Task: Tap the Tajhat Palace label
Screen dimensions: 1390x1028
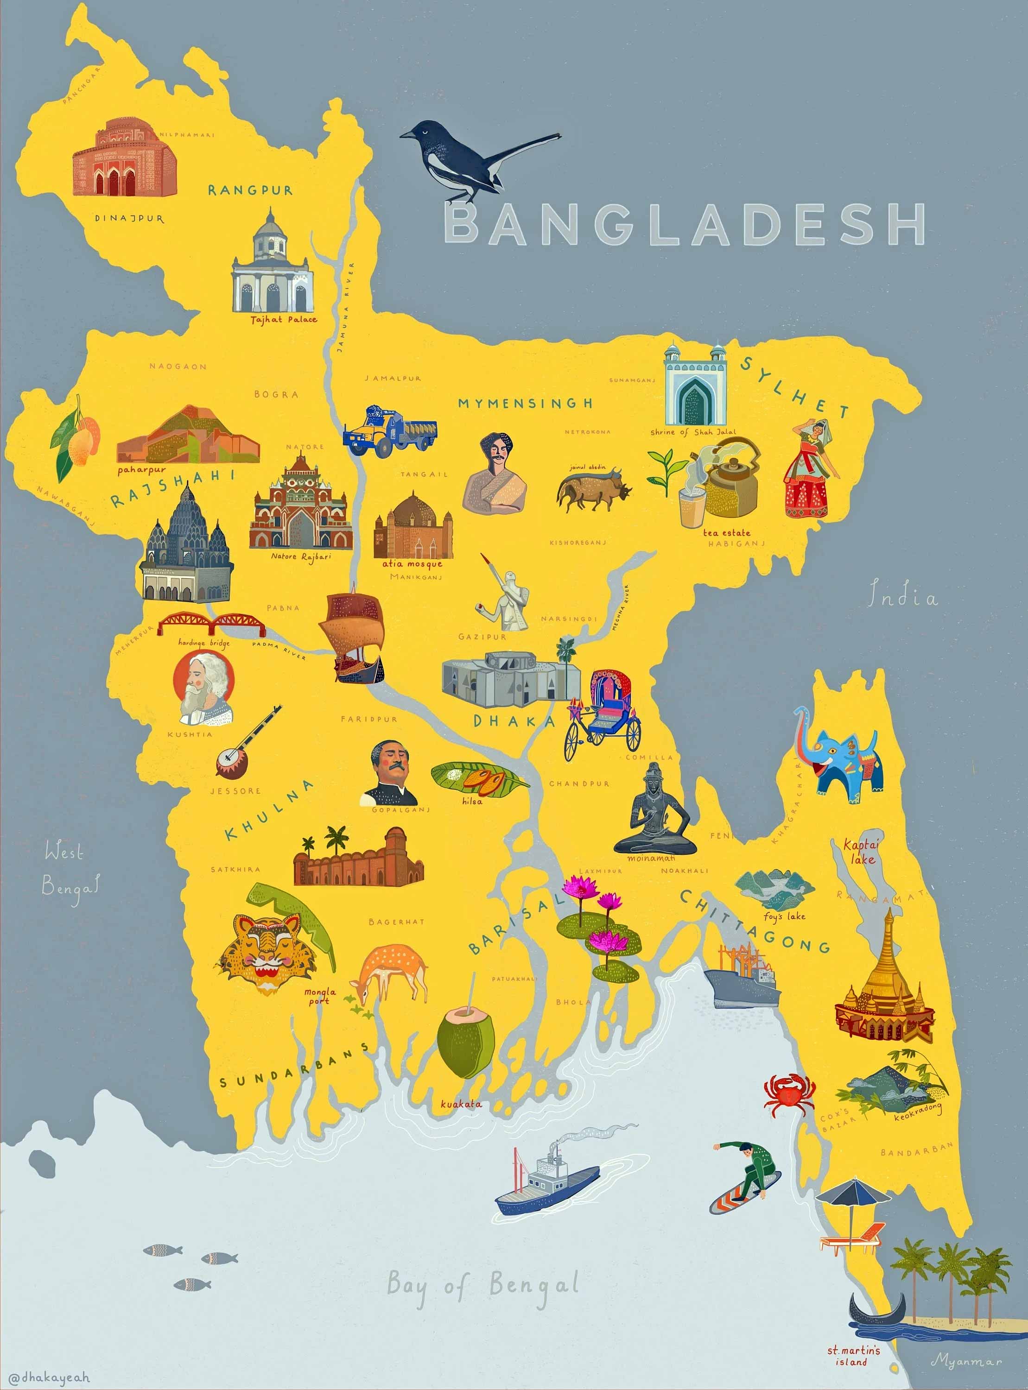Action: (284, 319)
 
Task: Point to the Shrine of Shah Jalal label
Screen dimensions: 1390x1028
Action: (692, 432)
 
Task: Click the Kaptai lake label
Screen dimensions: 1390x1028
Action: (862, 852)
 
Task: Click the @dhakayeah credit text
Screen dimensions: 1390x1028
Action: (50, 1377)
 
